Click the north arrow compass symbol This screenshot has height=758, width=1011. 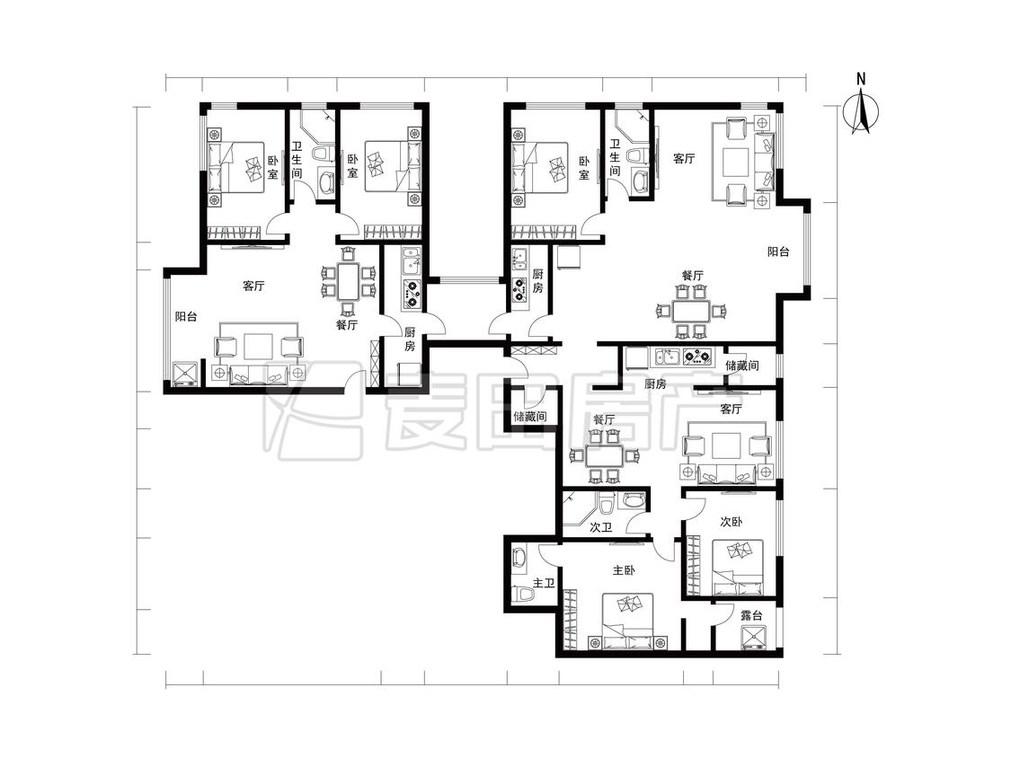861,113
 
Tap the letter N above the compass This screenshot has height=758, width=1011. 861,79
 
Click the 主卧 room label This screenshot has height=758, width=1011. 624,570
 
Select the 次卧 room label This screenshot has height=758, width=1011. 732,522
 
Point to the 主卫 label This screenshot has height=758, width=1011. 544,584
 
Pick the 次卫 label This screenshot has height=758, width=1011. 601,527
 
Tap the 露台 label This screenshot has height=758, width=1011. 751,615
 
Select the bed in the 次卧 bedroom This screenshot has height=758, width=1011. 738,568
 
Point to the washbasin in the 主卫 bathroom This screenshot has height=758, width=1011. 519,557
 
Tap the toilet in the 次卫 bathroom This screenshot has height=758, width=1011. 605,502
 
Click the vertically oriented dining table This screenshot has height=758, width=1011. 348,281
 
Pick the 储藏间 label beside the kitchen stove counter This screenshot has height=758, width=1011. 741,366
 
